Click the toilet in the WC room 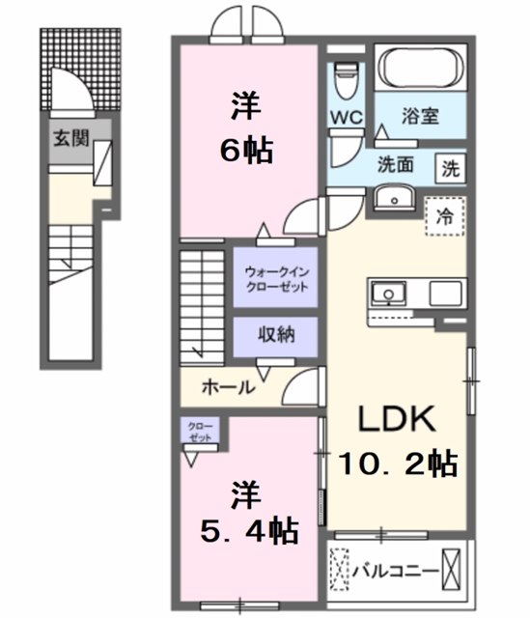click(346, 80)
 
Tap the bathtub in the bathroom click(421, 68)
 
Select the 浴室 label click(420, 117)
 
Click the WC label click(347, 117)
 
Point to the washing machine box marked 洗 click(451, 169)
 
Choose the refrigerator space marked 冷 click(445, 216)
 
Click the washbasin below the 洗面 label click(394, 198)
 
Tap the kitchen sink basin click(388, 294)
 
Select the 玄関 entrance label click(71, 139)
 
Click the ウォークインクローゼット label click(277, 279)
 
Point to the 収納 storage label click(276, 335)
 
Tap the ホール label click(229, 387)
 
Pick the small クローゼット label click(200, 432)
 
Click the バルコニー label click(395, 570)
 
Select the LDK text click(397, 418)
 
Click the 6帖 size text click(246, 151)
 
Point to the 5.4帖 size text click(249, 531)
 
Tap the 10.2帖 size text click(398, 463)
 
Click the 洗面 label click(395, 165)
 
